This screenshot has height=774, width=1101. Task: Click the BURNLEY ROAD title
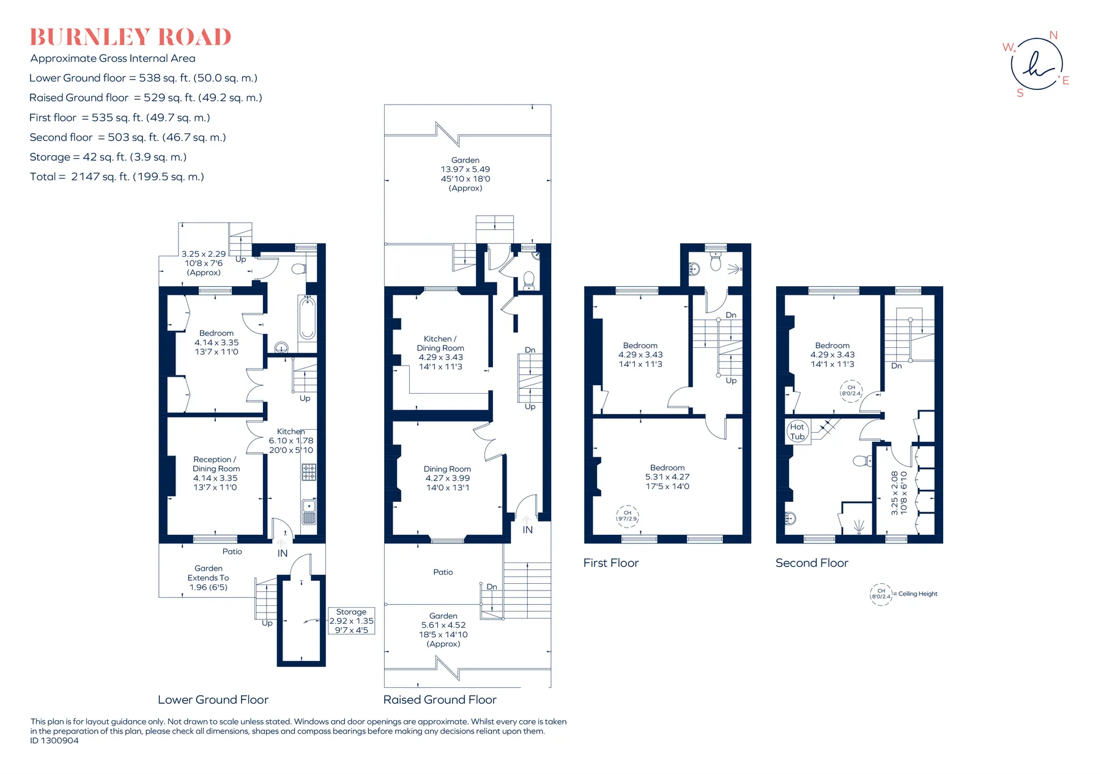tap(130, 37)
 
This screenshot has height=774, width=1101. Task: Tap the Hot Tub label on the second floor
tap(797, 432)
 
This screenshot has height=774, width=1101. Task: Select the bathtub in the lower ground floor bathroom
tap(307, 317)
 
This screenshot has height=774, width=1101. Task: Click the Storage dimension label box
tap(351, 621)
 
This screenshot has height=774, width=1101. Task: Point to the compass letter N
tap(1053, 35)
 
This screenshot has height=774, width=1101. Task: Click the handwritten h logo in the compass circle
tap(1037, 64)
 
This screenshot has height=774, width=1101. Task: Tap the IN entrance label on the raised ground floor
tap(528, 530)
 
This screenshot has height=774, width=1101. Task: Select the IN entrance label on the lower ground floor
tap(283, 553)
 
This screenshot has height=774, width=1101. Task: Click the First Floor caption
tap(611, 563)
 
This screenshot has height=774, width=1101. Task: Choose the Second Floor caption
tap(812, 563)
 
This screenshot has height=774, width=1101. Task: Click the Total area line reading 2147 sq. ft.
tap(117, 177)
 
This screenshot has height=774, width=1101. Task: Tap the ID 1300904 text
tap(54, 740)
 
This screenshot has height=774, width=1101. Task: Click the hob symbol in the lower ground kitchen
tap(309, 472)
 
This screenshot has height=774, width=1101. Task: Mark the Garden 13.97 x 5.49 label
tap(465, 174)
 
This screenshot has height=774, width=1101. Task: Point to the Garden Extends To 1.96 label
tap(209, 578)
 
